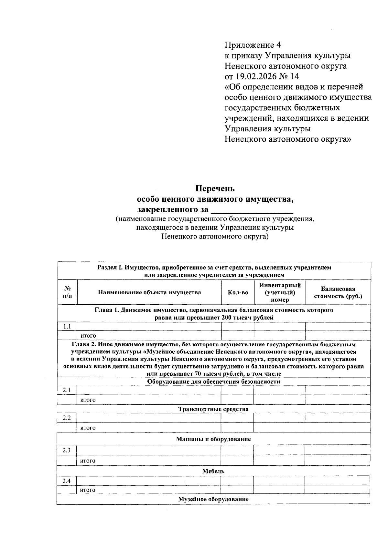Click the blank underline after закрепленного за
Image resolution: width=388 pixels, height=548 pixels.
tap(252, 210)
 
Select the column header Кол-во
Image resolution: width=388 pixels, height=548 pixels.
tap(238, 292)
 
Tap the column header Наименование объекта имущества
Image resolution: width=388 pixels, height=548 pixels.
tap(149, 292)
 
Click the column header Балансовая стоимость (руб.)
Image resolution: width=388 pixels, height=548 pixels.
tap(338, 292)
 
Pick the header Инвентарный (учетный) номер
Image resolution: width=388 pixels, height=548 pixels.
tap(280, 292)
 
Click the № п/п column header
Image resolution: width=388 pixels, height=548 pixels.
tap(67, 292)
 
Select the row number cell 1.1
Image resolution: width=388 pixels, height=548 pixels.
tap(67, 326)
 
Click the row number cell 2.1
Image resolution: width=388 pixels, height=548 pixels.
tap(67, 390)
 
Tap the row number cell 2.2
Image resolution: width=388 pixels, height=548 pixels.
tap(67, 418)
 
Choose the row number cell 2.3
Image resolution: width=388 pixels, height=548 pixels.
tap(67, 450)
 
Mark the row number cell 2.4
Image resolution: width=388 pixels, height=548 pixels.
tap(67, 481)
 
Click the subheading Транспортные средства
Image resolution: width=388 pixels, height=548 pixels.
tap(213, 409)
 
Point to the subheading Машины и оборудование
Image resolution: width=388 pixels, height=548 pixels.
tap(213, 439)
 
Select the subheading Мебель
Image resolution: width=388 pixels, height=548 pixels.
tap(213, 471)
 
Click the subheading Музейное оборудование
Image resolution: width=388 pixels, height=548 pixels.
tap(213, 499)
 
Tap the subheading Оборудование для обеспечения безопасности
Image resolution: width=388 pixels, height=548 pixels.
tap(213, 381)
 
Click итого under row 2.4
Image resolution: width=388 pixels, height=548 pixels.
tap(88, 490)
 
